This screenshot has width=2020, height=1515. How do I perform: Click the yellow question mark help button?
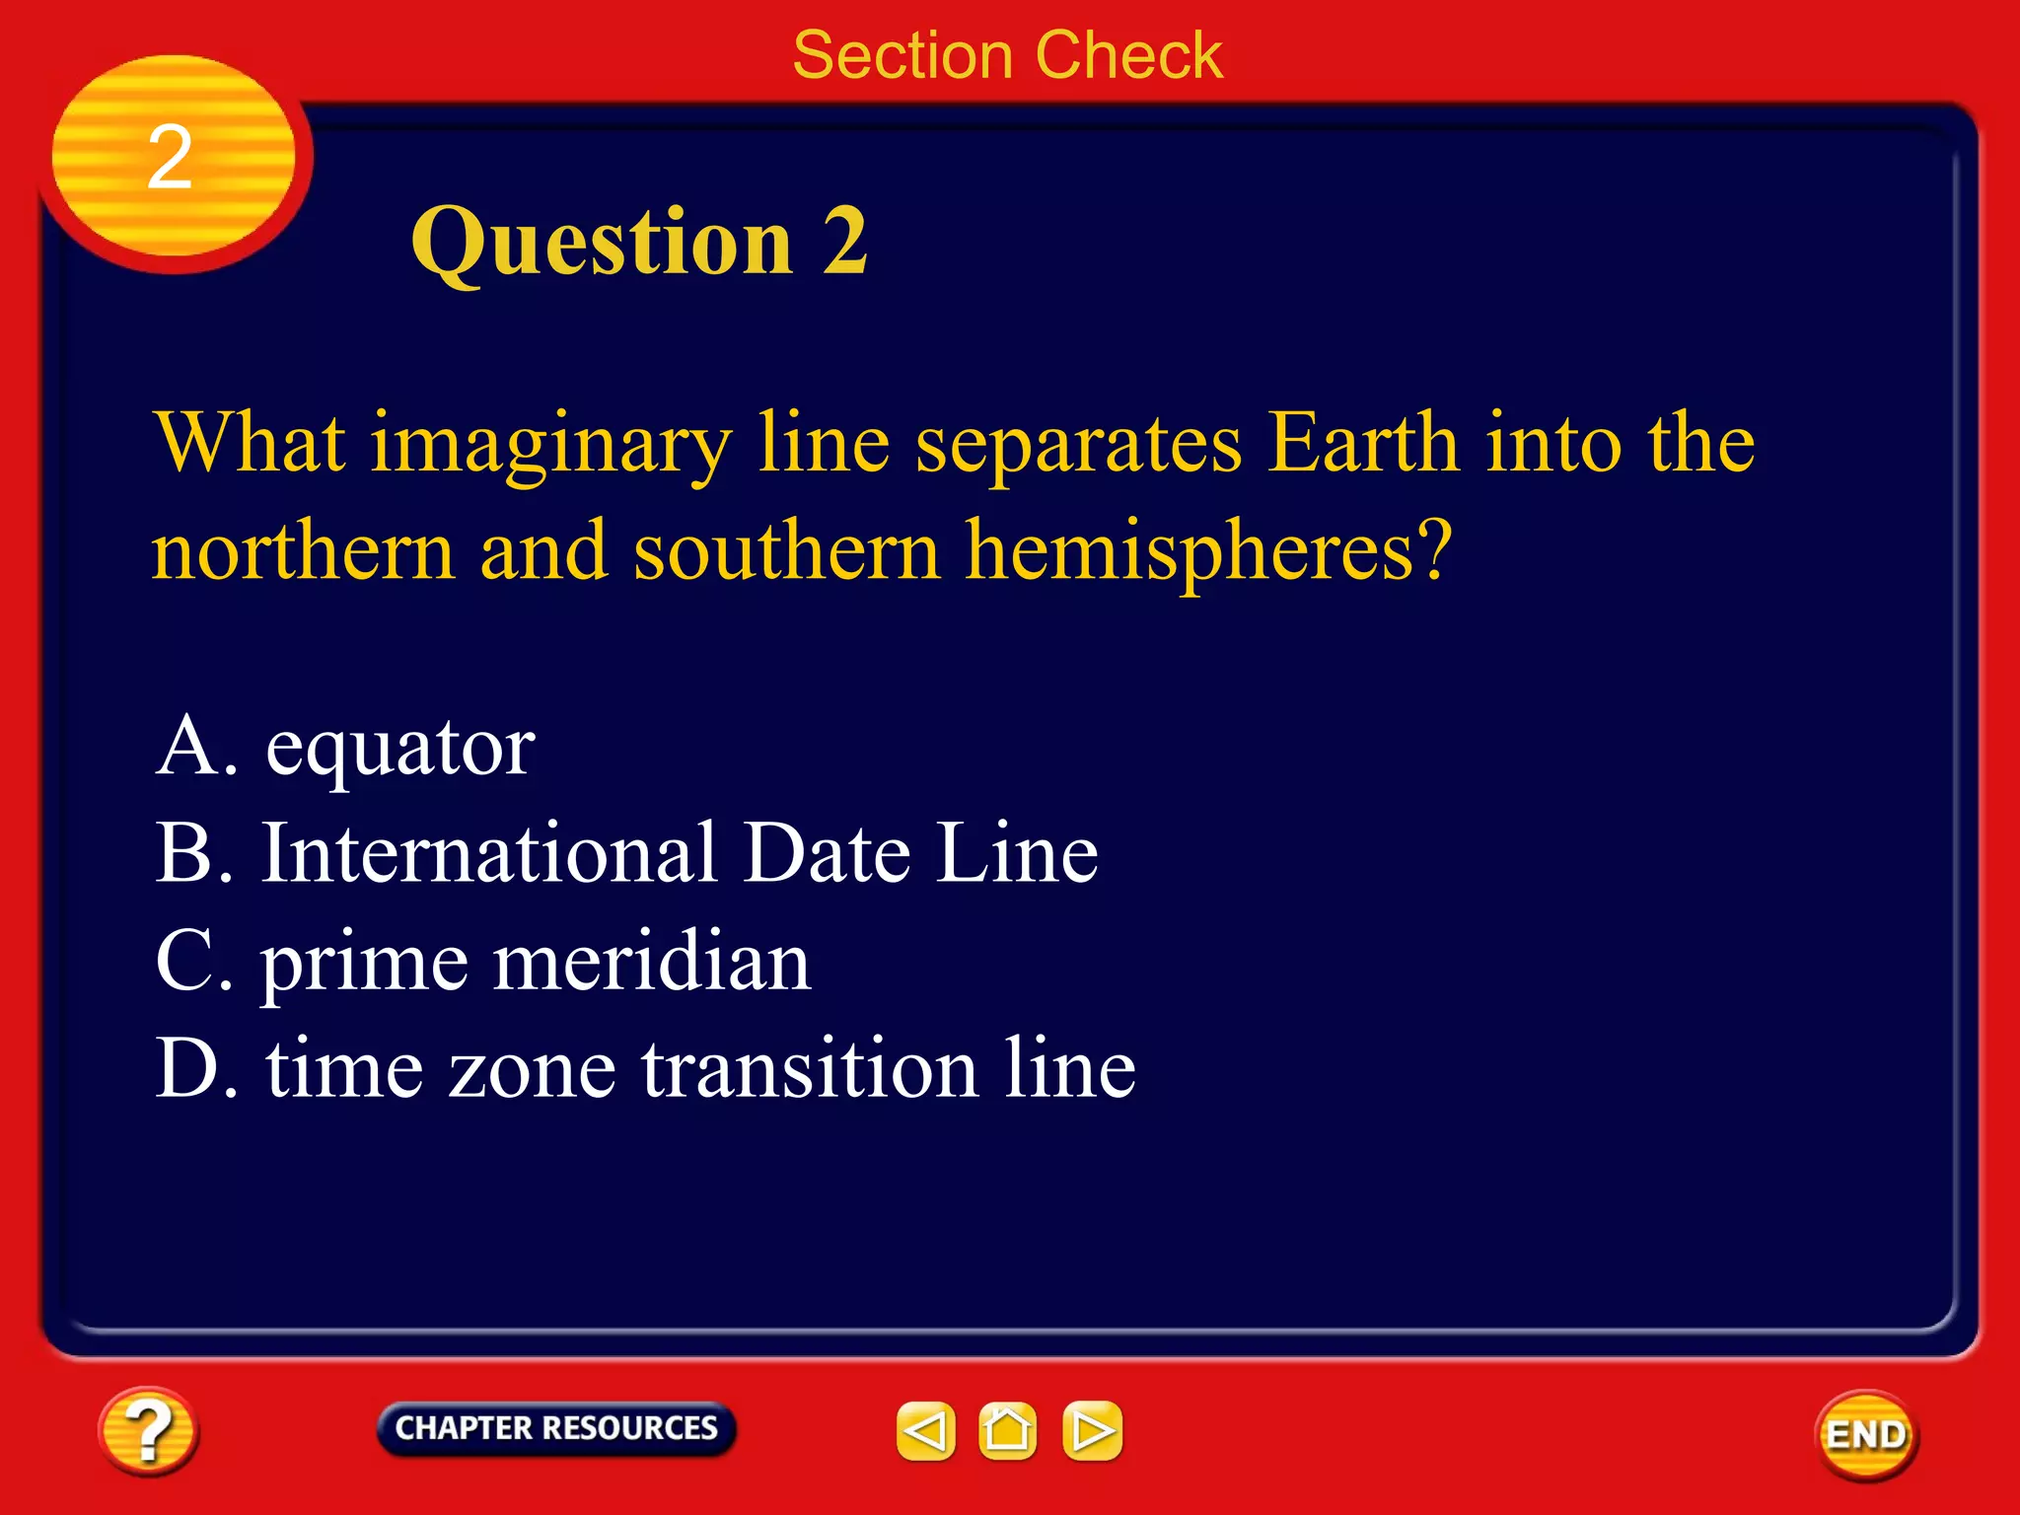click(148, 1431)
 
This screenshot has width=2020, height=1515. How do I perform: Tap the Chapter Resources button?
click(556, 1428)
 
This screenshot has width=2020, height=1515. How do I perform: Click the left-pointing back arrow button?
click(925, 1431)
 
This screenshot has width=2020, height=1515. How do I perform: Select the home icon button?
click(1007, 1431)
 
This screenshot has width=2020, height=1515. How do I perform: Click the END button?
click(1866, 1435)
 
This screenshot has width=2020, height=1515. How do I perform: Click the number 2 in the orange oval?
click(170, 158)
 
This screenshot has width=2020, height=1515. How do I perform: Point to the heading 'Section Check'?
click(1007, 55)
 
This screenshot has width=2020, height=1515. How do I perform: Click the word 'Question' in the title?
click(602, 243)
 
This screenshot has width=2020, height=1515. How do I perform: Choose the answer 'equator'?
click(399, 747)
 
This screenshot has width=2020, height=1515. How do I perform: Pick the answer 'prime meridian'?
click(536, 963)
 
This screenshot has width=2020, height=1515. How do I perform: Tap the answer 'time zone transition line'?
click(700, 1069)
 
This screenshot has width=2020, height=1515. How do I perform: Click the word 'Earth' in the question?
click(1363, 443)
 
